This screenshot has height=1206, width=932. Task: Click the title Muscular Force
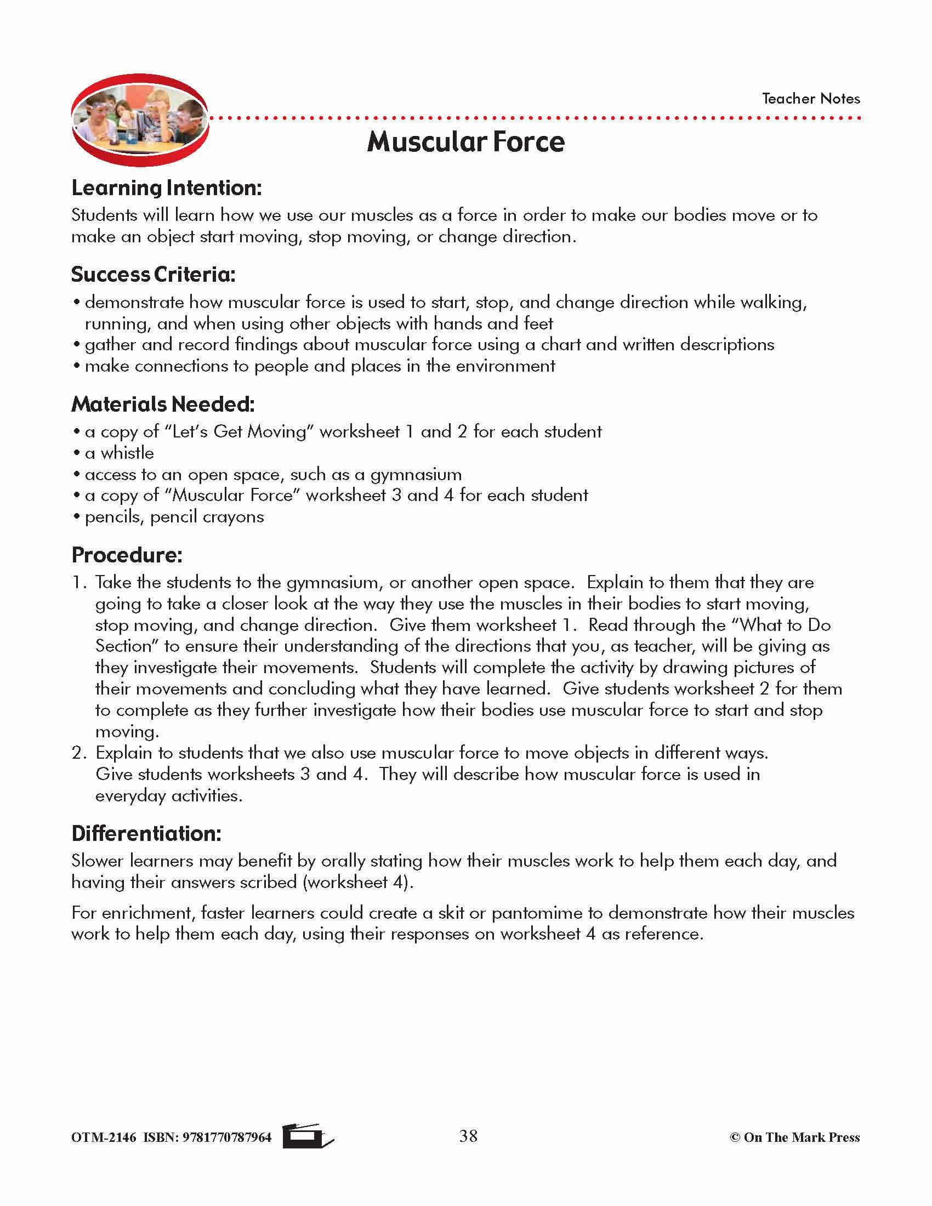click(465, 142)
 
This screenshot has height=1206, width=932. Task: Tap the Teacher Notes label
click(810, 99)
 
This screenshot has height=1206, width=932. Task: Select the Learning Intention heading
click(166, 188)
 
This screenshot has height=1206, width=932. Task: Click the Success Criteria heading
click(153, 275)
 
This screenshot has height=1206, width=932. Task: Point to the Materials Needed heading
click(163, 404)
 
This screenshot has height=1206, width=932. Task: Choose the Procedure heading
click(127, 555)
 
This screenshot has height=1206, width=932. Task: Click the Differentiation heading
click(146, 833)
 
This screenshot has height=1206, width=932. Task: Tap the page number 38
click(468, 1136)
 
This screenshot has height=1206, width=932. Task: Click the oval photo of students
click(140, 120)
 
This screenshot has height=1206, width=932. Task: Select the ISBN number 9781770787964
click(227, 1137)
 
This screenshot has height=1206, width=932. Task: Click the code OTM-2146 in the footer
click(103, 1137)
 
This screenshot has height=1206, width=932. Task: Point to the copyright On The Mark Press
click(794, 1137)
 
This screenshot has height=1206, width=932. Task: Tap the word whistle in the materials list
click(127, 453)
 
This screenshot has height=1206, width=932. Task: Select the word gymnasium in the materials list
click(416, 475)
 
